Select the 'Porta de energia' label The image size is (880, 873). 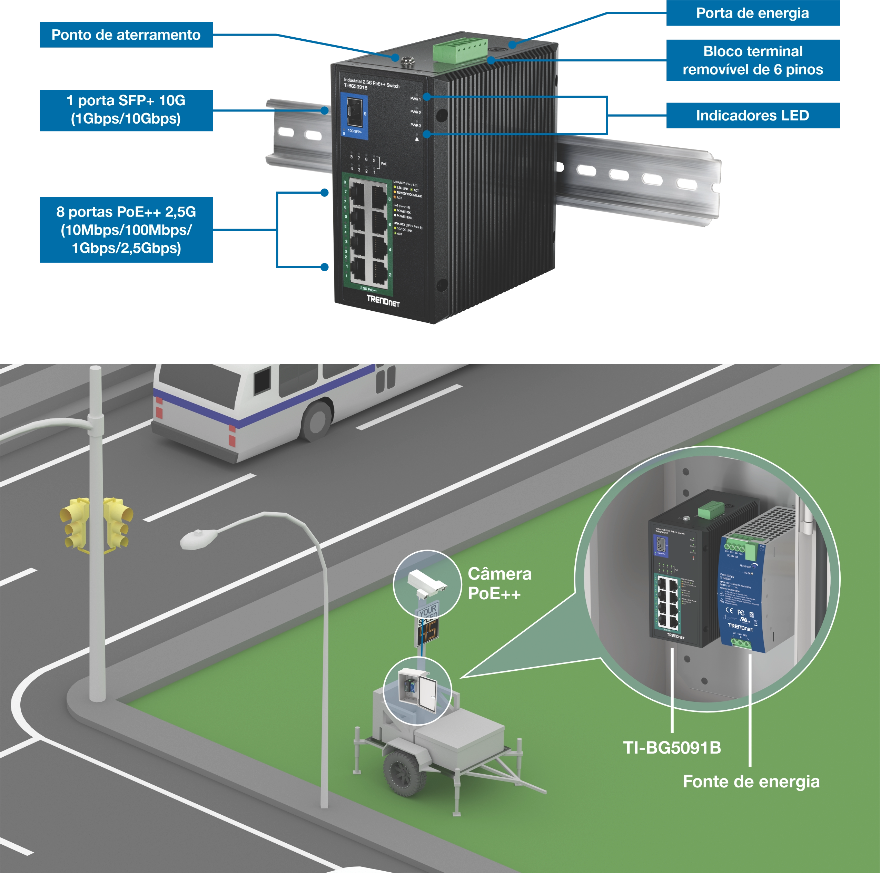pos(752,13)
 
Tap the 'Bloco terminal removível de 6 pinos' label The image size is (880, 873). pos(752,60)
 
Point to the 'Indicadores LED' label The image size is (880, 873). pos(752,115)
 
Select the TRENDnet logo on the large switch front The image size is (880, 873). pos(383,301)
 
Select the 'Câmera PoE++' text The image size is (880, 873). pos(499,583)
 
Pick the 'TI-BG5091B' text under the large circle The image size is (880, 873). pos(672,748)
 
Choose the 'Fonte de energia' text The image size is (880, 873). pos(751,782)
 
